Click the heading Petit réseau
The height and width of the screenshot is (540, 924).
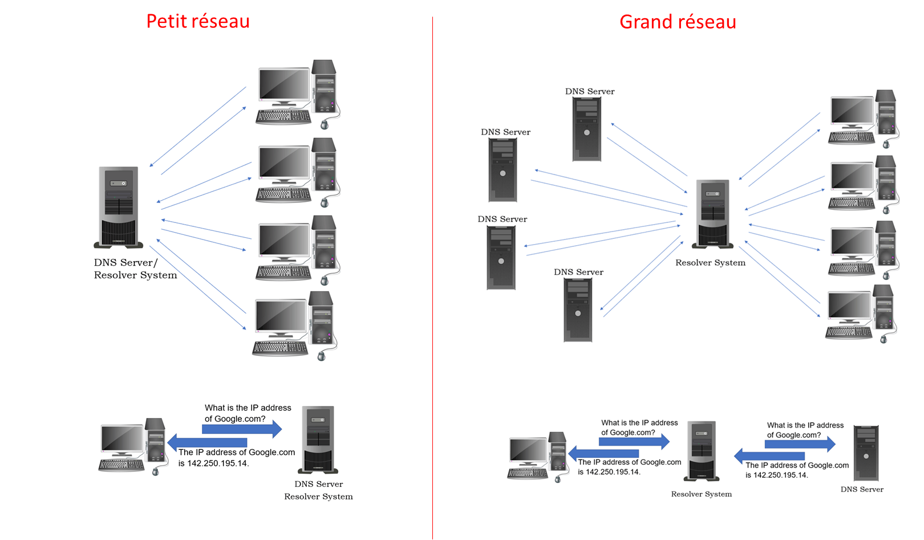198,22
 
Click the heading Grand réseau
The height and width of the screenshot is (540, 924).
678,22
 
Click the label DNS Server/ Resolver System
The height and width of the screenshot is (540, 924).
135,269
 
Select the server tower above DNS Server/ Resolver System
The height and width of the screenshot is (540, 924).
119,206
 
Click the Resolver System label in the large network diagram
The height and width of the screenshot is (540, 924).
710,263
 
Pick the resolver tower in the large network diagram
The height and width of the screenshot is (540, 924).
713,214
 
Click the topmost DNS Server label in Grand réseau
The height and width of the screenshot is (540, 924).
590,91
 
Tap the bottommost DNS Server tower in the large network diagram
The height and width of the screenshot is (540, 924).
578,310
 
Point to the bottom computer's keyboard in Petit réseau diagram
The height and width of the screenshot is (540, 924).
280,347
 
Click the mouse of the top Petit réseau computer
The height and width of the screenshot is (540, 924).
325,124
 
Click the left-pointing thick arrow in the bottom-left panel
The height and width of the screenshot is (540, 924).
207,442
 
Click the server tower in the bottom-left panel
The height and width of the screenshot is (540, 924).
318,439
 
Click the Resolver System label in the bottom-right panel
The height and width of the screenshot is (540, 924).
701,494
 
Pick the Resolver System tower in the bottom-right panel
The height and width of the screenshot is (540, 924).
702,450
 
